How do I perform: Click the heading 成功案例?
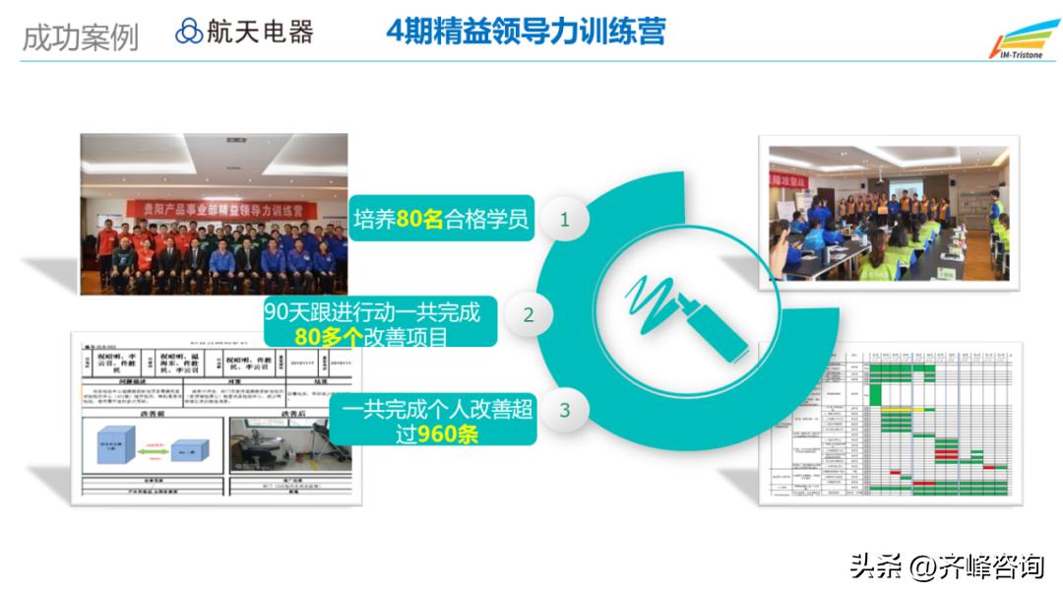pyautogui.click(x=80, y=36)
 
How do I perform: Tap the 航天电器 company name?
pyautogui.click(x=260, y=32)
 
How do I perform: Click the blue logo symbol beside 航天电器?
pyautogui.click(x=188, y=32)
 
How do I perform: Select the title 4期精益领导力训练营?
pyautogui.click(x=526, y=31)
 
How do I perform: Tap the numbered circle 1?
pyautogui.click(x=565, y=220)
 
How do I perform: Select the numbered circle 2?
pyautogui.click(x=529, y=315)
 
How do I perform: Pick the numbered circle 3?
pyautogui.click(x=565, y=410)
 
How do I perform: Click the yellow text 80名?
pyautogui.click(x=420, y=220)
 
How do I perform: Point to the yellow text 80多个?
pyautogui.click(x=329, y=338)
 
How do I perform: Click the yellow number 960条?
pyautogui.click(x=447, y=433)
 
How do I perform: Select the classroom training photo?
pyautogui.click(x=888, y=213)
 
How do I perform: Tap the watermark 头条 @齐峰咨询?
pyautogui.click(x=946, y=566)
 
